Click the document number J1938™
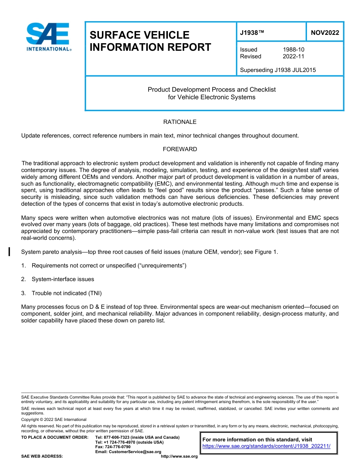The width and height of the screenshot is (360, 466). point(252,33)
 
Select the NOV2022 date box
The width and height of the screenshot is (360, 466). point(325,33)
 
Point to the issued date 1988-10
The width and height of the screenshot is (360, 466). point(293,50)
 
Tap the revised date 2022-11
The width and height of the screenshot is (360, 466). point(293,56)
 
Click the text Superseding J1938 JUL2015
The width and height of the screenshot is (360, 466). point(278,70)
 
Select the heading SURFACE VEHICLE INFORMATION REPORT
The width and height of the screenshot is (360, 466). point(150,41)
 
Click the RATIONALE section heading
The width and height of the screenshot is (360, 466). point(180,122)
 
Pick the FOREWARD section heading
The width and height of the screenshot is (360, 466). point(180,149)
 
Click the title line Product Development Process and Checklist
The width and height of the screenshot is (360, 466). point(211,90)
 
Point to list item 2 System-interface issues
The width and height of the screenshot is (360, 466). point(63,279)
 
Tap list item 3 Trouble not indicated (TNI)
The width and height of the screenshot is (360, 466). point(66,293)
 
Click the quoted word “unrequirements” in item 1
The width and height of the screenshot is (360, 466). point(164,266)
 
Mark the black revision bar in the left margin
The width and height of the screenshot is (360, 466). point(9,251)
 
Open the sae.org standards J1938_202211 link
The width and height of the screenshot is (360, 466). point(266,446)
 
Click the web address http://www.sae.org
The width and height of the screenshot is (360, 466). point(179,457)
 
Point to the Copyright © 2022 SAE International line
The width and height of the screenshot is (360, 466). point(54,419)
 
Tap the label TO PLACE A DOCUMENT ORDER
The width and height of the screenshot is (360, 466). point(55,437)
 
